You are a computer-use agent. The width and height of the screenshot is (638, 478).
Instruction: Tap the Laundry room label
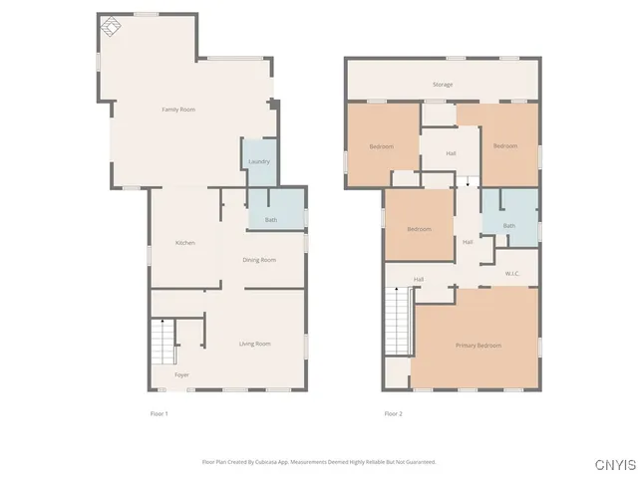click(258, 161)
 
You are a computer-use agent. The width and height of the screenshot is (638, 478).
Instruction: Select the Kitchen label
click(184, 243)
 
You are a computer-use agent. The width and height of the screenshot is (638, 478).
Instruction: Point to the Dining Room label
click(259, 260)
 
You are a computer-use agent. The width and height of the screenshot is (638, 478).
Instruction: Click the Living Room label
click(254, 344)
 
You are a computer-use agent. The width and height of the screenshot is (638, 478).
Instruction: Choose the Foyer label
click(181, 375)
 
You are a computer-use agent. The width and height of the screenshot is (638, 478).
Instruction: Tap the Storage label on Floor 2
click(443, 85)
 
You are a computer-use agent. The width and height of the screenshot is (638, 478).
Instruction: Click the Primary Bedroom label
click(478, 346)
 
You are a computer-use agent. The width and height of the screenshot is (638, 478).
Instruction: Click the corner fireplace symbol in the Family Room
click(111, 27)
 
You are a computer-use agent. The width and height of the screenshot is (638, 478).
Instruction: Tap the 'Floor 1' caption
click(159, 412)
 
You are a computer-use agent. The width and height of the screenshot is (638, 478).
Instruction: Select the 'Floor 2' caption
click(393, 412)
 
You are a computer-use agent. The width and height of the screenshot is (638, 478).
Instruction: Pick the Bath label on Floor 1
click(271, 220)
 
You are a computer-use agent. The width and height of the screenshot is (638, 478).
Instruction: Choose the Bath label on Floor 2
click(508, 226)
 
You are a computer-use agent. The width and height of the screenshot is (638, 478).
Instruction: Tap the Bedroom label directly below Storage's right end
click(505, 146)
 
